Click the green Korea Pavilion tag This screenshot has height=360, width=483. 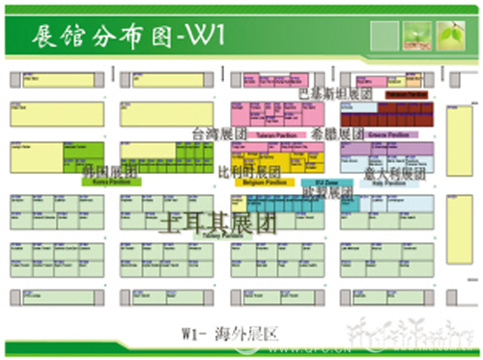coord(112,181)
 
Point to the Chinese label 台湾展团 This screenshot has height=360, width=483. coord(221,132)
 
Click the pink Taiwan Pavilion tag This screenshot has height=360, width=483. coord(274,136)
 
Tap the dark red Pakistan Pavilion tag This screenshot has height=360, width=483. coord(407,95)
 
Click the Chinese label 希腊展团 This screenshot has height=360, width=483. coord(337,133)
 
